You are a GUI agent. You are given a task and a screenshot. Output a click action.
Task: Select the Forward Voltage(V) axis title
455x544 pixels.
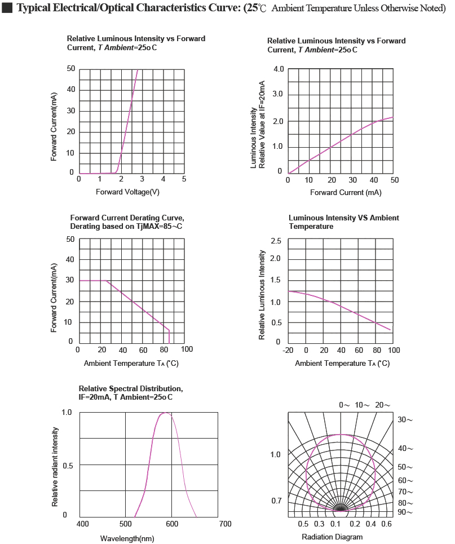coord(127,192)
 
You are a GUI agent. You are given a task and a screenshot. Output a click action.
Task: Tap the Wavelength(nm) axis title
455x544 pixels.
coord(127,538)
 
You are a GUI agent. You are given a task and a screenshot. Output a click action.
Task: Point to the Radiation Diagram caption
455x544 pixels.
coord(332,537)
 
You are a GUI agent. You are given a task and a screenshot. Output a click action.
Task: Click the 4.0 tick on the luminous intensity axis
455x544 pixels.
coord(279,69)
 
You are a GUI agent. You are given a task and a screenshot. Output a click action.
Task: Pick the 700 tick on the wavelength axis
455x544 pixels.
coord(224,524)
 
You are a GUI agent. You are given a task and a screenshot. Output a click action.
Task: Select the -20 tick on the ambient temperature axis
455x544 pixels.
coord(288,350)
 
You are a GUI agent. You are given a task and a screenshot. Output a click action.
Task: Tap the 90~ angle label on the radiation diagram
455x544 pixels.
coord(405,512)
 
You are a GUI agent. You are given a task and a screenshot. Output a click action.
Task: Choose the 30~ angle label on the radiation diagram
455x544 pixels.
coord(405,420)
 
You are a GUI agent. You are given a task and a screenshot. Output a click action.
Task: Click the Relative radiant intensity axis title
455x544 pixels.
coord(55,466)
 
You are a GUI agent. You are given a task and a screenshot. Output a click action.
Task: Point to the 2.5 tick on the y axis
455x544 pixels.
coord(275,241)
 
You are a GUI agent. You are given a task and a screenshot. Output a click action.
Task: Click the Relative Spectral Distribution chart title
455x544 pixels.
coord(130,393)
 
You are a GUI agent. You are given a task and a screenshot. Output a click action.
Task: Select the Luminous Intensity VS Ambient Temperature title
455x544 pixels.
coord(343,222)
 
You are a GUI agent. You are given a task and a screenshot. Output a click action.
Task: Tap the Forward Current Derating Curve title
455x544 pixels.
coord(127,222)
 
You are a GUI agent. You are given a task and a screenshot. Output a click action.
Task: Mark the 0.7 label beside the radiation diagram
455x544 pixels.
coord(276,501)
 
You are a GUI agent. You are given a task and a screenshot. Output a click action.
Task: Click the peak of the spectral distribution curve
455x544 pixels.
coord(165,413)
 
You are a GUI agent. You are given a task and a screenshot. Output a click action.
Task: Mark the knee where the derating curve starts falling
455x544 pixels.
coord(106,281)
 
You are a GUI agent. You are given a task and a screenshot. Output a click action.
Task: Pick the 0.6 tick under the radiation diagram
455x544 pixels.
coord(386,524)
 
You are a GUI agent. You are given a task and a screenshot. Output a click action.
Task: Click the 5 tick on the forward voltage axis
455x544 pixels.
coord(184,179)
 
